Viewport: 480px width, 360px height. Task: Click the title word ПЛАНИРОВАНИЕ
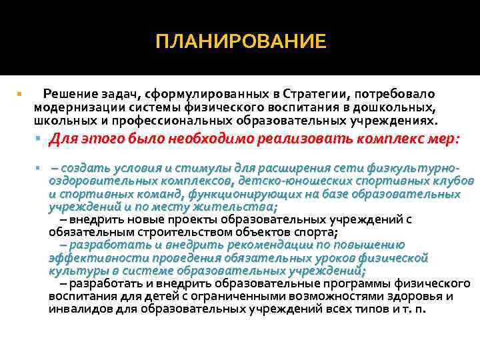click(x=241, y=42)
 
